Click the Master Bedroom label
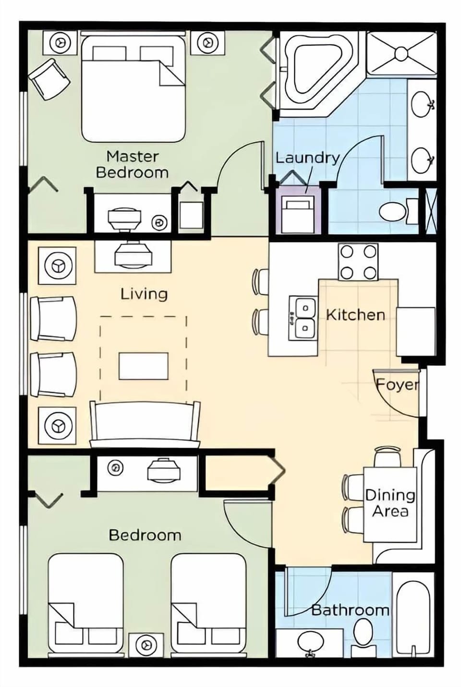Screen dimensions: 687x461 tap(132, 164)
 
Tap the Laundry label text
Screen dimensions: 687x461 tap(307, 158)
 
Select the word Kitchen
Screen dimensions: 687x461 tap(355, 315)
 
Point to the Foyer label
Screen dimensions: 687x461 tap(397, 385)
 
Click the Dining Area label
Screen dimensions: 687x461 tap(390, 503)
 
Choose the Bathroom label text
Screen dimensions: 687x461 tap(350, 610)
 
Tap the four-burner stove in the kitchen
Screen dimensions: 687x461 tap(358, 262)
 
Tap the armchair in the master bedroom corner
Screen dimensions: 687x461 tap(49, 78)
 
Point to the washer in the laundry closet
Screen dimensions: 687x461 tap(297, 214)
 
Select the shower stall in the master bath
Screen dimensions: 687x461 tap(401, 53)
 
